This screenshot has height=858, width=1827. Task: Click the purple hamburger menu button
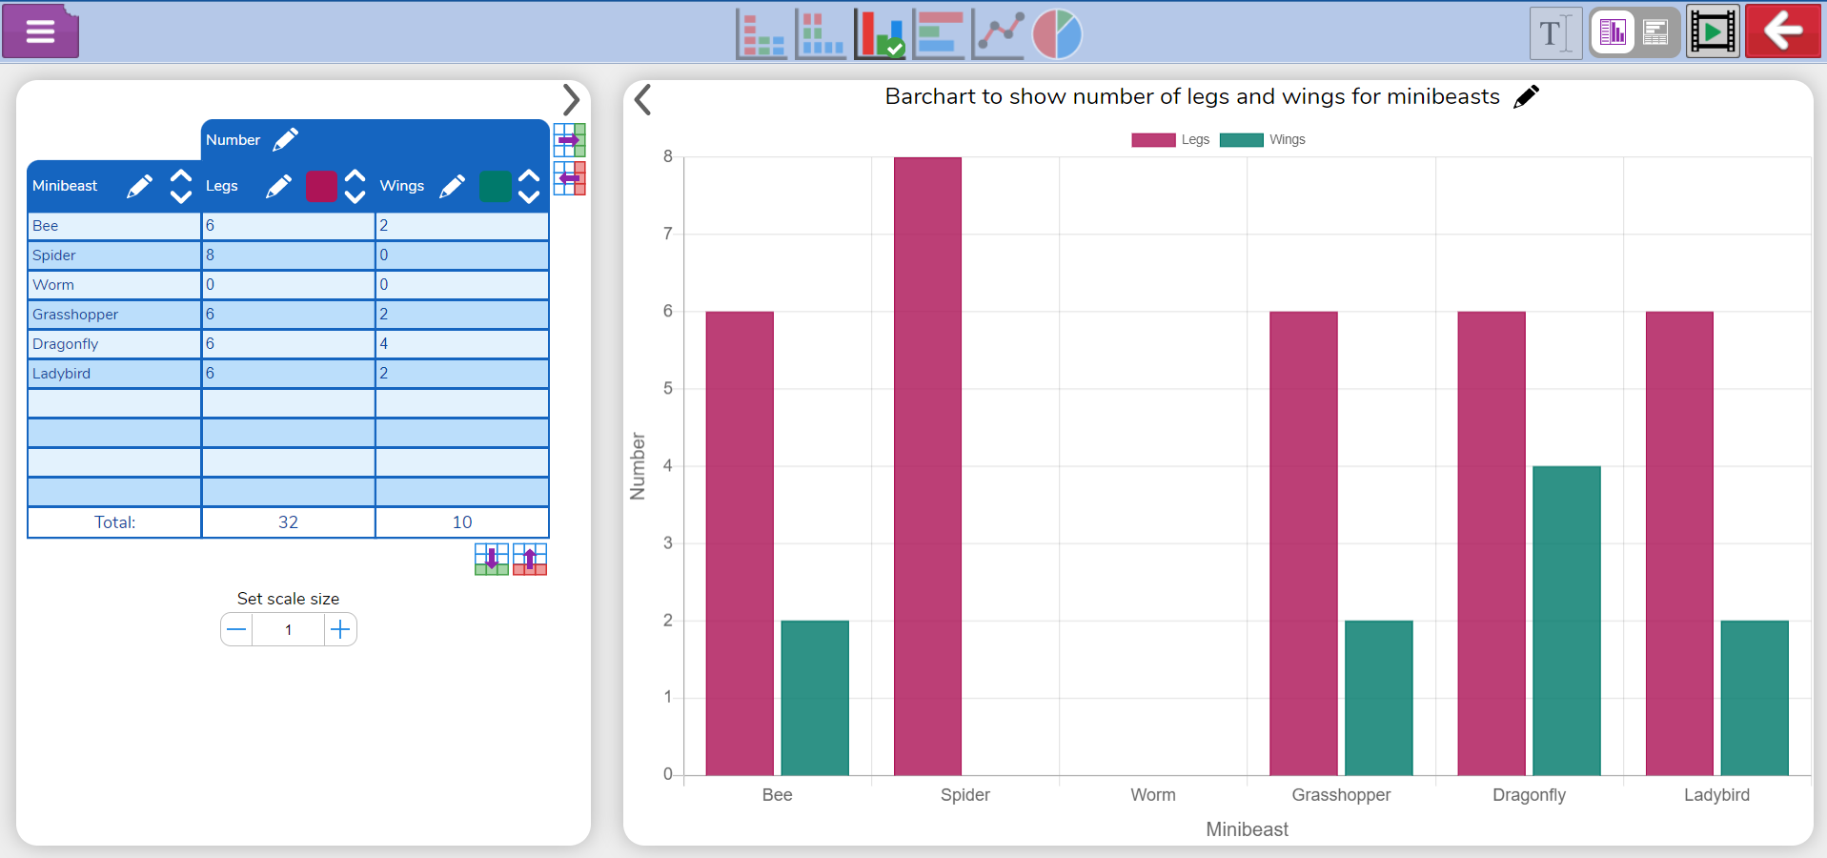point(40,31)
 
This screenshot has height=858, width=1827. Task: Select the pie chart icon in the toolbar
point(1057,34)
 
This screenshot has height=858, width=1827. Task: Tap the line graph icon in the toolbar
point(999,34)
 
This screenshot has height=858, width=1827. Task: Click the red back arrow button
point(1782,31)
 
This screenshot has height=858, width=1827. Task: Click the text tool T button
point(1554,33)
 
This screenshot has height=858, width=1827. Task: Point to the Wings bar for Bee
point(815,697)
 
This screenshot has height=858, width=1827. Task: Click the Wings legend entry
point(1263,140)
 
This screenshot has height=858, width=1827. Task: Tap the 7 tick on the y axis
point(667,234)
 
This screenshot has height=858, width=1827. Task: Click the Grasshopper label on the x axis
point(1340,795)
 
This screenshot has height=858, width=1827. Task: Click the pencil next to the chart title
point(1526,96)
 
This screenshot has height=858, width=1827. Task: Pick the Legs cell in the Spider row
point(288,255)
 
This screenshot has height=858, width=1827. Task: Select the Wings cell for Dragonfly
point(461,344)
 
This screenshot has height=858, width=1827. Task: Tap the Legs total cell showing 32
point(288,522)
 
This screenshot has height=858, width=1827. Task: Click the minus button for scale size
point(237,629)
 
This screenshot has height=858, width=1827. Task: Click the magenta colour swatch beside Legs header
point(321,186)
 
